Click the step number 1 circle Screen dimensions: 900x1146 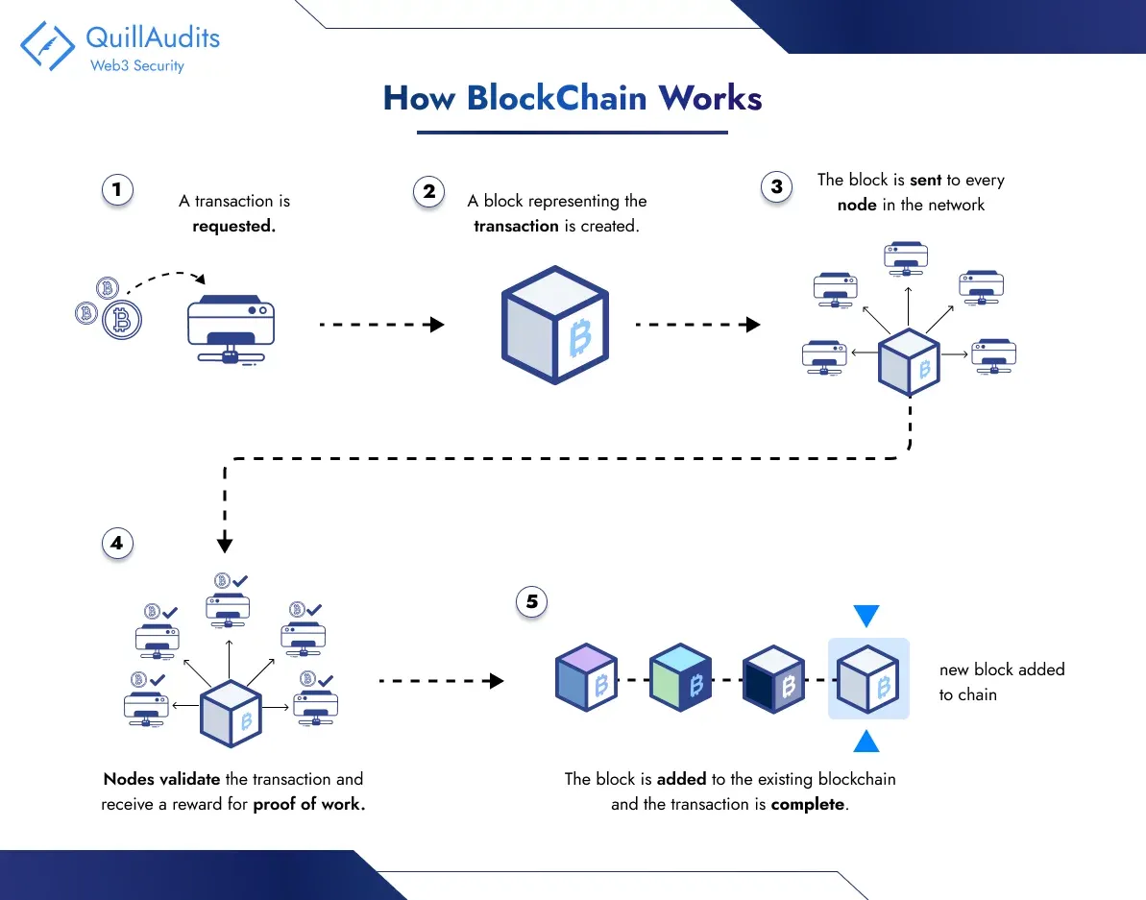point(117,190)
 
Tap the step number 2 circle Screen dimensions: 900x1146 point(428,190)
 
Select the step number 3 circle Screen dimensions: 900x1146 point(776,186)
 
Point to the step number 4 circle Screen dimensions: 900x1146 point(117,543)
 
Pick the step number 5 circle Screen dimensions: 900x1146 point(531,602)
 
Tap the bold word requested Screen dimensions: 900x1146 point(234,227)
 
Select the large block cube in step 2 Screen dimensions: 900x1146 point(554,325)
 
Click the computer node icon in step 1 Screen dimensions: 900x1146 point(230,327)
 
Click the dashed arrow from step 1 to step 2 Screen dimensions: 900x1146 point(381,325)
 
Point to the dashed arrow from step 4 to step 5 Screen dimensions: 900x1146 point(441,681)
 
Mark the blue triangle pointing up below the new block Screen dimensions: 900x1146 point(866,741)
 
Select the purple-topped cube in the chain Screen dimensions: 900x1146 point(586,678)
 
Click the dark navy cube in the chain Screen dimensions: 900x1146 point(773,678)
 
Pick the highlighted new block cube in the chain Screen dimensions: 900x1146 point(867,678)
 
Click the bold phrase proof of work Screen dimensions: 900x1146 point(308,805)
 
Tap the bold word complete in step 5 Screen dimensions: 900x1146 point(809,805)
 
